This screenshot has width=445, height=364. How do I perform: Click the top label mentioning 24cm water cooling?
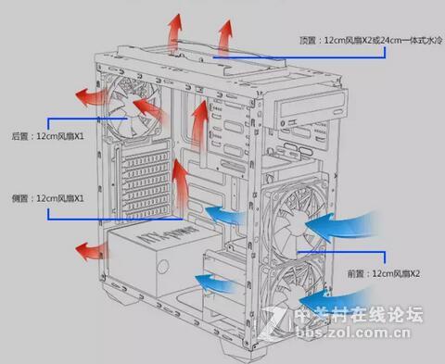pos(371,41)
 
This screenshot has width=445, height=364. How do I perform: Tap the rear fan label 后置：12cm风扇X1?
pos(47,136)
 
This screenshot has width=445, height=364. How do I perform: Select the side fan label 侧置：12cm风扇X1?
pos(47,198)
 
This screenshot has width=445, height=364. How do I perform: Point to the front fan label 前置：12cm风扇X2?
pos(384,273)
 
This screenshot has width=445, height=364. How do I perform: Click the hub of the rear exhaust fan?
pos(133,107)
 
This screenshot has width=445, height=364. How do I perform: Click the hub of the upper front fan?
pos(298,221)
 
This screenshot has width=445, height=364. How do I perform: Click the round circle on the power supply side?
pos(163,266)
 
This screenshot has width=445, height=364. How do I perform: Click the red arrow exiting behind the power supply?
pos(92,251)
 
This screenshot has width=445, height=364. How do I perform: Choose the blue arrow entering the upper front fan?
pos(341,225)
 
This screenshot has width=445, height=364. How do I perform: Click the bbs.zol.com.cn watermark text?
pos(353,333)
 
